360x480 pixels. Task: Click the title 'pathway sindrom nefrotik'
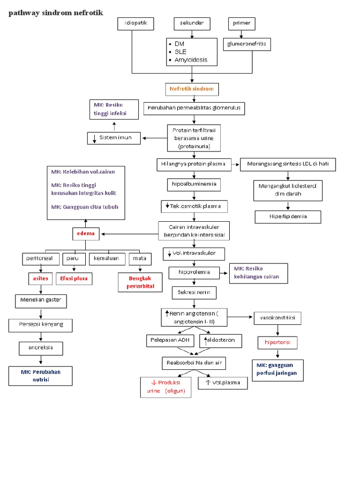coord(56,13)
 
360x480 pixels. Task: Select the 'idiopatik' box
coord(136,24)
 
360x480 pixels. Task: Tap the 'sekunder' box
coord(192,24)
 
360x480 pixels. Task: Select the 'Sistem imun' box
coord(115,138)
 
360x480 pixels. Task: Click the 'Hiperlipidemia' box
coord(288,217)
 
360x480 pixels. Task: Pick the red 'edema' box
coord(86,233)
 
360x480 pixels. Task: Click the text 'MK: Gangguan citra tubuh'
coord(85,207)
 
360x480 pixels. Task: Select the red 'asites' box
coord(41,278)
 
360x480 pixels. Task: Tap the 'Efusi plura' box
coord(74,278)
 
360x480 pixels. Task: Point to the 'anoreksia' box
coord(41,348)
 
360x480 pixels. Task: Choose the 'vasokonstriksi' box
coord(277,318)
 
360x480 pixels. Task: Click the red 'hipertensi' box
coord(277,343)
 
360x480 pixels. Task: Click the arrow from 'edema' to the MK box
coord(86,224)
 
